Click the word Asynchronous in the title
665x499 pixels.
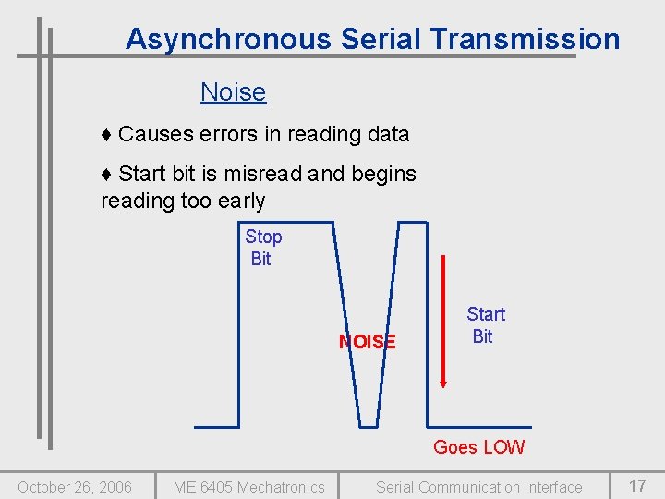pos(227,39)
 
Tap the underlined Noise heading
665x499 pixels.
pos(233,92)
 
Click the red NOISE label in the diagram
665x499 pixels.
pos(367,342)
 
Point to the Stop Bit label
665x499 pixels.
pos(263,248)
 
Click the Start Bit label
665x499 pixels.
pos(485,325)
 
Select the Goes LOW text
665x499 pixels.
pos(478,447)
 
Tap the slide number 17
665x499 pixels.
pos(637,486)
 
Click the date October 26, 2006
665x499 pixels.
pos(75,487)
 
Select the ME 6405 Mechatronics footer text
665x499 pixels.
pos(249,487)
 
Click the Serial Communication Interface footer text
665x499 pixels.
pos(478,487)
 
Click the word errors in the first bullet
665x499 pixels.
pos(229,134)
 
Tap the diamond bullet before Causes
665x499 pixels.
pos(106,135)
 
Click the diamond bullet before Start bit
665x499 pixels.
pos(106,175)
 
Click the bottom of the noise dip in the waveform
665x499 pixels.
pos(368,426)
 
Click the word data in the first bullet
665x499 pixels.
pos(388,134)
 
